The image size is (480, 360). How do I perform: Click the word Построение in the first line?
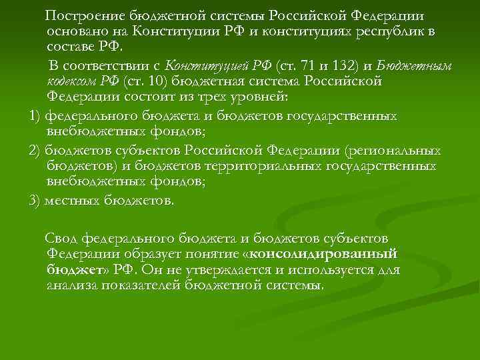click(82, 15)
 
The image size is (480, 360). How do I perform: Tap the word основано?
click(74, 31)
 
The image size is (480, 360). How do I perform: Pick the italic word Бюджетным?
click(414, 66)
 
